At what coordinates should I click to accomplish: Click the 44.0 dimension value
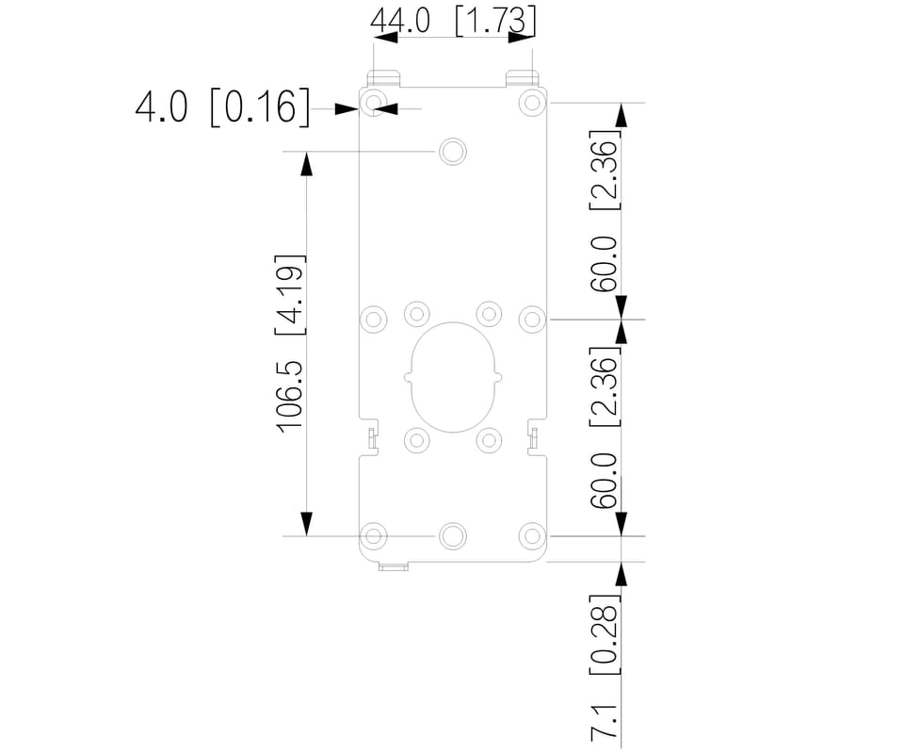(x=399, y=22)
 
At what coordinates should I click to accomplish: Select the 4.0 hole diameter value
(x=161, y=107)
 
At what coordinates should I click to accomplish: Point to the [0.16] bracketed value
(x=260, y=107)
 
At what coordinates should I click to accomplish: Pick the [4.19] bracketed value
(x=289, y=294)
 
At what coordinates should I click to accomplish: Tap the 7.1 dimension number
(x=605, y=722)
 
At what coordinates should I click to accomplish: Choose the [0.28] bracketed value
(x=605, y=634)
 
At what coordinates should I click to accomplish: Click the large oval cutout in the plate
(x=453, y=322)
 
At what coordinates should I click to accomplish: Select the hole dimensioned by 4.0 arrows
(x=374, y=103)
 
